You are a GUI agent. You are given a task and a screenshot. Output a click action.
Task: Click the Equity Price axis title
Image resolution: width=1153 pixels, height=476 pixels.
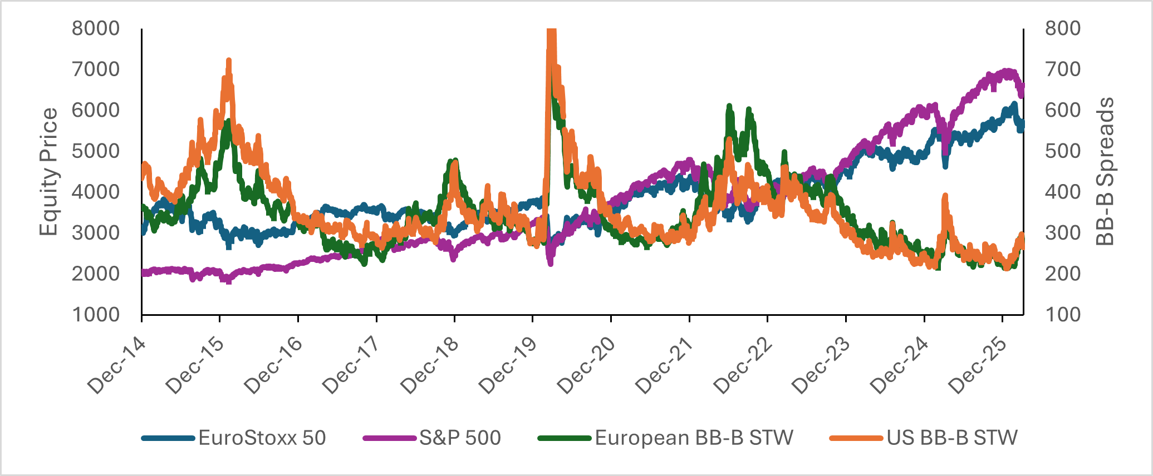pos(49,171)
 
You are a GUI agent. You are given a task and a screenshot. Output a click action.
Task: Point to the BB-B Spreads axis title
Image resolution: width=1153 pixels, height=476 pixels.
pos(1105,171)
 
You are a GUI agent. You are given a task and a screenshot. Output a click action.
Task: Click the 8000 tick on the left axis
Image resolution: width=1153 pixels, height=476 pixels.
pos(96,28)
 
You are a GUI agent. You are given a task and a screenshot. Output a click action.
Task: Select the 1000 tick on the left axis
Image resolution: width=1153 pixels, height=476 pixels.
pos(96,315)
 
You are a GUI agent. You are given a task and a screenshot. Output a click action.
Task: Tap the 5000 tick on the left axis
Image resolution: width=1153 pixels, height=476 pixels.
pos(96,151)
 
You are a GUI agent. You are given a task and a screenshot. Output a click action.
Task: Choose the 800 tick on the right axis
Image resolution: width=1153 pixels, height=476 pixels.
pos(1063,28)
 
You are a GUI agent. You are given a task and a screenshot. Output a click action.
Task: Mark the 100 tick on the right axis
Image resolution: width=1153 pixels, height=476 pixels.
pos(1063,315)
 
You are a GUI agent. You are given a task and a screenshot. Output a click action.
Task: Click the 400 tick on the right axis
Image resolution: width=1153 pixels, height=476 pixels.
pos(1063,192)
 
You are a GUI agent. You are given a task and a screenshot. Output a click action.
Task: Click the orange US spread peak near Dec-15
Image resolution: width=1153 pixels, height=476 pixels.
pos(229,60)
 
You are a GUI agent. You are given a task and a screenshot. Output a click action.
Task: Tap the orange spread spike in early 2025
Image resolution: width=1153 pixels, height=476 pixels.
pos(945,196)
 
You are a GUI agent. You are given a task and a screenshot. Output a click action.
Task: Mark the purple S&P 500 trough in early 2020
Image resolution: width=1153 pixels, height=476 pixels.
pos(551,263)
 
